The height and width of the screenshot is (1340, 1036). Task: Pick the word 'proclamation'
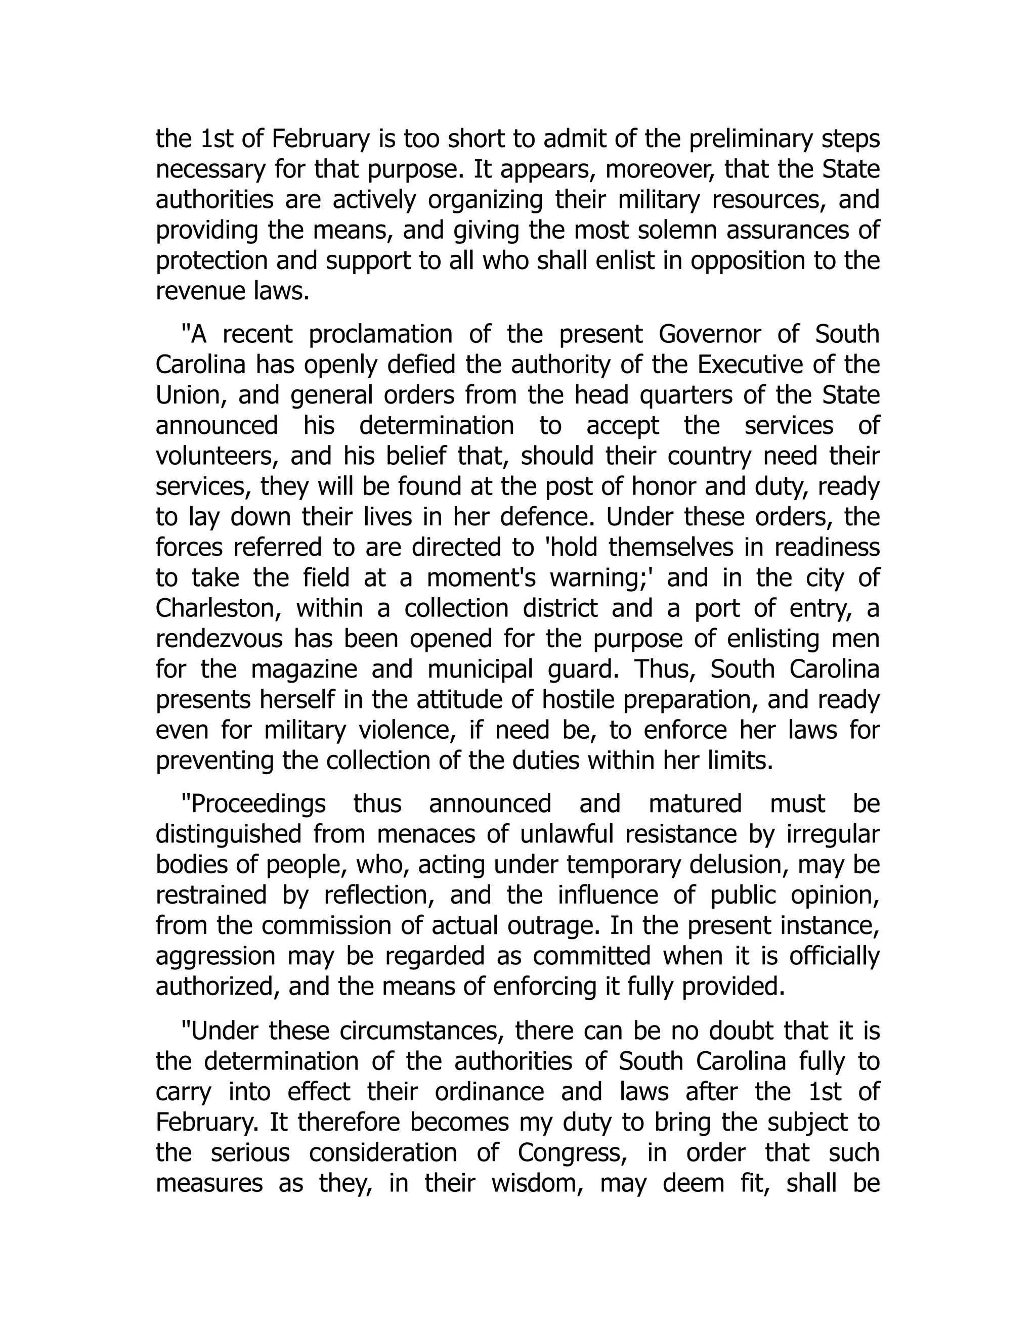[380, 334]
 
